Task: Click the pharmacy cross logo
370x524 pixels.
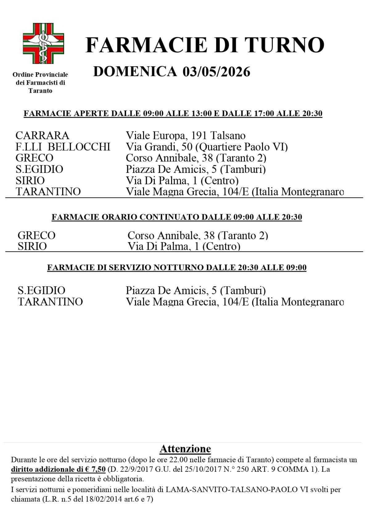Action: [43, 44]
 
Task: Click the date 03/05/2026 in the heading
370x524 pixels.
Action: [216, 72]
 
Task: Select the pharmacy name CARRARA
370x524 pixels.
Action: [42, 136]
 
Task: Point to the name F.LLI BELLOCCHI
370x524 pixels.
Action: [63, 147]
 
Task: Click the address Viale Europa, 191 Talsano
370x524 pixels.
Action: [185, 136]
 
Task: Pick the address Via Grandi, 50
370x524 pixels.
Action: [159, 147]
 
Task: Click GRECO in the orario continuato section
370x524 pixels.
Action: [36, 236]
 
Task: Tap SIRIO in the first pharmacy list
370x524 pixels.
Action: [30, 180]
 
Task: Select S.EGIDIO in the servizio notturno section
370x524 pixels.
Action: [41, 291]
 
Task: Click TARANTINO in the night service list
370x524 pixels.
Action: [50, 302]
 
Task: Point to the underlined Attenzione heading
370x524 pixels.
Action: [185, 449]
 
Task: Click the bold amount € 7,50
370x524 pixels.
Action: [96, 469]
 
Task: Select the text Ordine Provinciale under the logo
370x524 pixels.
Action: [40, 74]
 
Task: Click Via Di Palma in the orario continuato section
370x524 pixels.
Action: [157, 247]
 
